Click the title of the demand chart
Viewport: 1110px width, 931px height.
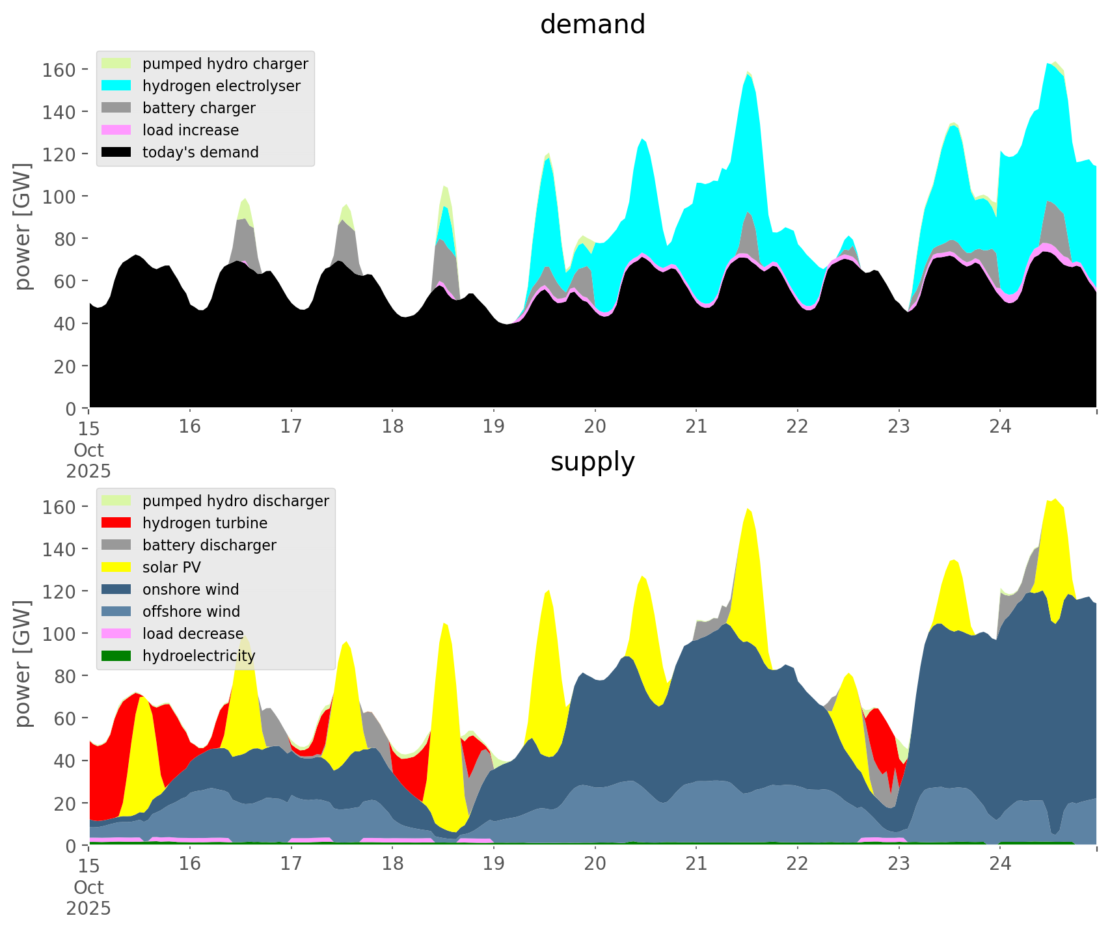(592, 25)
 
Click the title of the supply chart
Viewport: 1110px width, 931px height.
(592, 462)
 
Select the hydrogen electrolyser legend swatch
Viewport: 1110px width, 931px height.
(116, 86)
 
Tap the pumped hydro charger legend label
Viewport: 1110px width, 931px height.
(225, 64)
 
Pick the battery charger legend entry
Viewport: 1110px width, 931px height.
(198, 108)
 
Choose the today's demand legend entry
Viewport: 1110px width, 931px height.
(200, 152)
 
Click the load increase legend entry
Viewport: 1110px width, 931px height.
(191, 130)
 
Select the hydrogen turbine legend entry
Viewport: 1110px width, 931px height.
(204, 523)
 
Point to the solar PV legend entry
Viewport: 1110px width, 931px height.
(172, 567)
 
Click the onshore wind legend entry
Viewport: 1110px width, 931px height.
(191, 589)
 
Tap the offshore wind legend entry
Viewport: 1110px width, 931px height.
(191, 612)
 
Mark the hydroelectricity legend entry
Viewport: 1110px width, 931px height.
(198, 656)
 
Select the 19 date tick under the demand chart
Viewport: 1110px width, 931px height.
(494, 427)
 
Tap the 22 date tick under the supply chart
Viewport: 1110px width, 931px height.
(797, 864)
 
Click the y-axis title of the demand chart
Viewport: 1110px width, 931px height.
(23, 226)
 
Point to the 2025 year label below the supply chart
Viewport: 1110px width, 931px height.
(88, 908)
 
